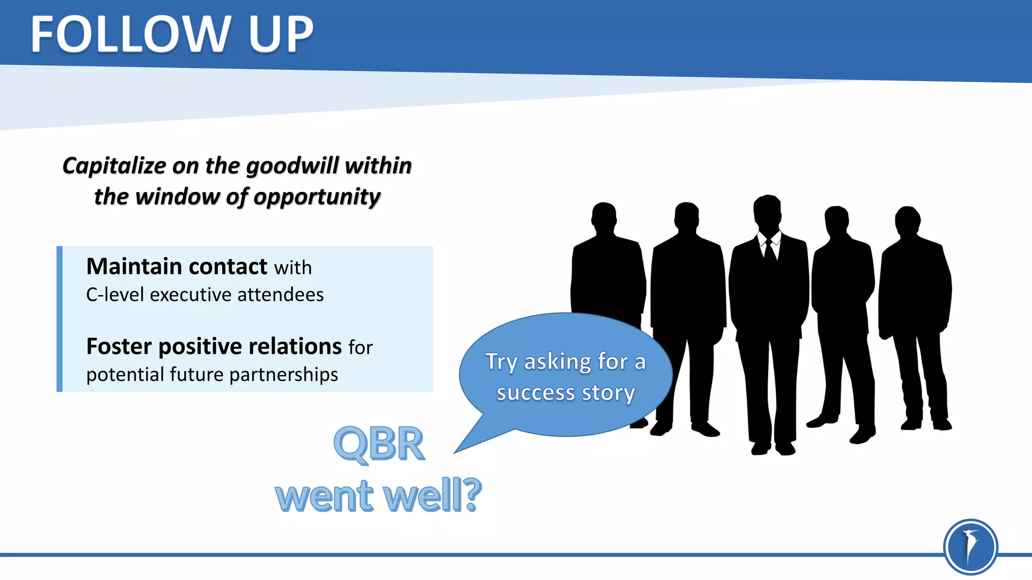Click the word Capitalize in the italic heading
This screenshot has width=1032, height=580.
[x=114, y=166]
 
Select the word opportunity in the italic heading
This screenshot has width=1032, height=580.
[x=316, y=197]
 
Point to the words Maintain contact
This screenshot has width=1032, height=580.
[x=176, y=266]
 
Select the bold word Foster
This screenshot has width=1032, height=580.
[x=119, y=347]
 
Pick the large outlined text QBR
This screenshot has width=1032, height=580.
[x=379, y=444]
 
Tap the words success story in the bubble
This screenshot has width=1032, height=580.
[x=565, y=393]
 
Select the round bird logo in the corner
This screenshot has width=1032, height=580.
[x=970, y=547]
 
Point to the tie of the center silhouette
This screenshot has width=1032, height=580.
[x=769, y=249]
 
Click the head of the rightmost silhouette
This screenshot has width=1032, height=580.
[x=908, y=221]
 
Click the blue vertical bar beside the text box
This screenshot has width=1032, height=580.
[x=59, y=319]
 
